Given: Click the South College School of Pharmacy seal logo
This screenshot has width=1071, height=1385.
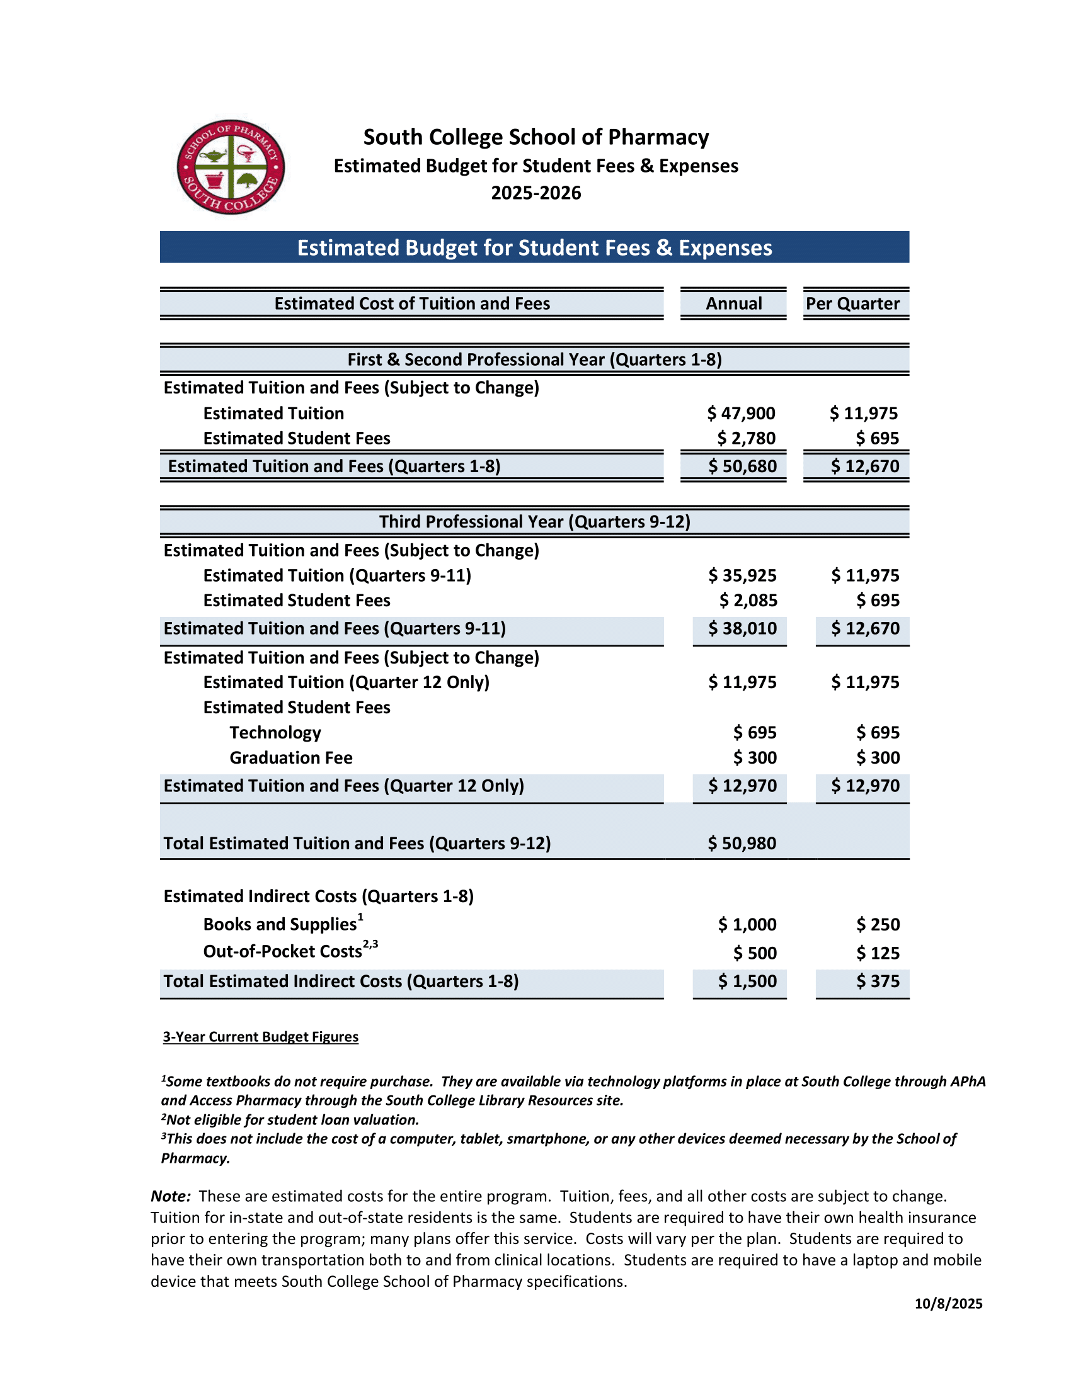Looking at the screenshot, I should point(231,167).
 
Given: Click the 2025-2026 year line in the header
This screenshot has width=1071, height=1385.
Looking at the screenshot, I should point(535,193).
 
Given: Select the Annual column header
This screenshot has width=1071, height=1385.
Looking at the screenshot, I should point(733,304).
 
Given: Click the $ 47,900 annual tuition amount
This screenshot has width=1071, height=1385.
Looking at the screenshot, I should point(741,414).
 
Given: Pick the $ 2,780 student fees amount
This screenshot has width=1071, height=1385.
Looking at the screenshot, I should point(746,438).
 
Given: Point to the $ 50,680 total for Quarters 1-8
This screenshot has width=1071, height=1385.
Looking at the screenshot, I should point(742,466).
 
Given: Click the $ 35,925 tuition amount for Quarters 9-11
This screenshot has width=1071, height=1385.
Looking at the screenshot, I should point(742,575).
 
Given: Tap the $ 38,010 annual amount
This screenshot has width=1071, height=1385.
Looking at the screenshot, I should point(742,628).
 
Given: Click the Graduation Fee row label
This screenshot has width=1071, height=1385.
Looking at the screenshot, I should point(290,758).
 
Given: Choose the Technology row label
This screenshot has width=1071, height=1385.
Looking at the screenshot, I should point(275,732).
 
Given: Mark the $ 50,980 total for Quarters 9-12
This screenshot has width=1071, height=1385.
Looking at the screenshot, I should point(742,844).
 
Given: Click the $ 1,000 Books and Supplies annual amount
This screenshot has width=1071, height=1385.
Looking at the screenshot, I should point(747,925).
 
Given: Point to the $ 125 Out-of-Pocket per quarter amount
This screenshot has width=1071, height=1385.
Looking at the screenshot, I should point(878,953).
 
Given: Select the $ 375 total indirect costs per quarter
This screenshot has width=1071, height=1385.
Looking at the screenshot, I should point(878,981).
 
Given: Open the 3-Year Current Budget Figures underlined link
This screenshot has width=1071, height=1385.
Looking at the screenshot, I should point(260,1037).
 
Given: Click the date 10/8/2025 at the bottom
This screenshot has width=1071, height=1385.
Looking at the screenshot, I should point(948,1304).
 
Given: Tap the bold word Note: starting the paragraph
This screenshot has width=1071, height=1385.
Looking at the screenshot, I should point(171,1196).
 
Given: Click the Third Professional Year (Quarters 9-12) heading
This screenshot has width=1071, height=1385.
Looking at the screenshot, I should point(534,521).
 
